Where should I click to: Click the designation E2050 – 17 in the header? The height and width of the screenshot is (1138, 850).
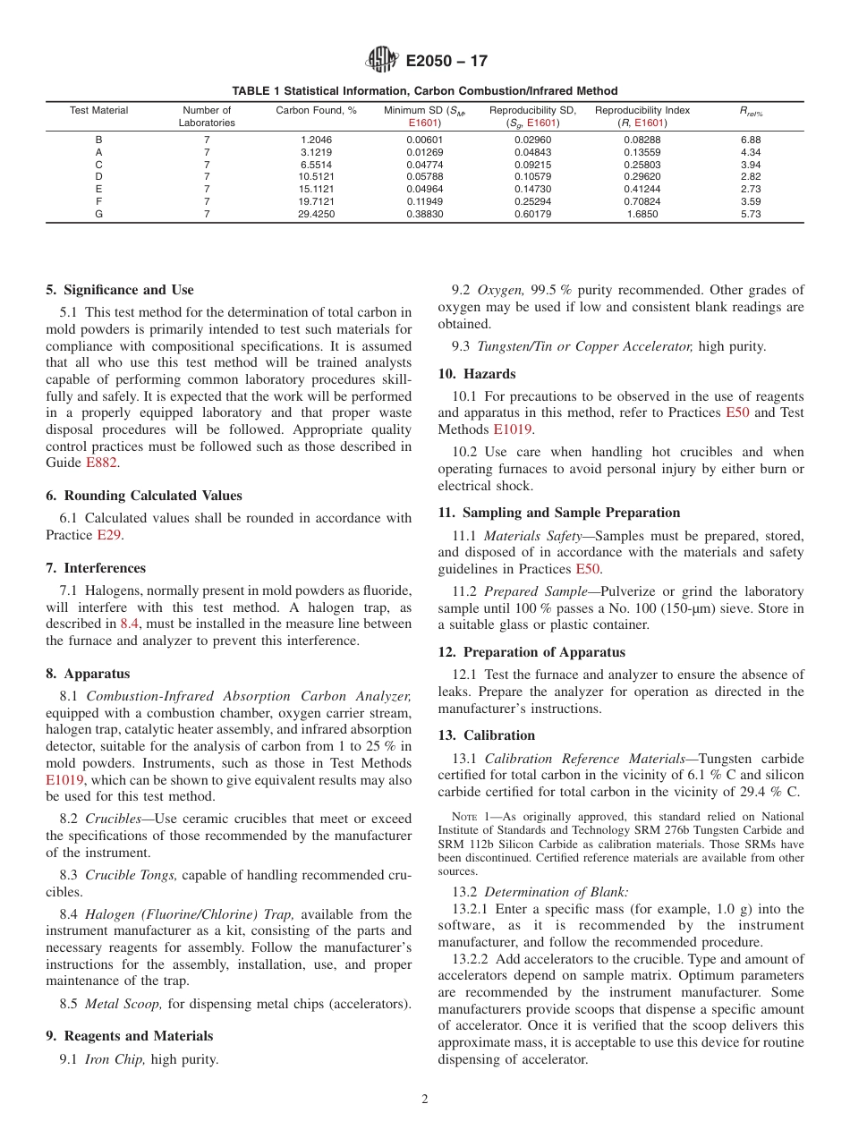[446, 62]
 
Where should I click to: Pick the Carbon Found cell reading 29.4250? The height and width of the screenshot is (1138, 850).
[316, 215]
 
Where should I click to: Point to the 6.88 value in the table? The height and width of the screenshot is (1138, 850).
[751, 140]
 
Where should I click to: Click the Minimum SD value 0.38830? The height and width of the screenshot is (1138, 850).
[425, 215]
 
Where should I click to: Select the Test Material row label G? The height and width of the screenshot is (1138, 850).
[98, 215]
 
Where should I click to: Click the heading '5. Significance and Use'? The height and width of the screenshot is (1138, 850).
[120, 290]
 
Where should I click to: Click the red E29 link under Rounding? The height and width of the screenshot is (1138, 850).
[109, 535]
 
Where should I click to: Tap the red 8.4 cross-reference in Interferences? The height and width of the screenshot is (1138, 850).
[130, 624]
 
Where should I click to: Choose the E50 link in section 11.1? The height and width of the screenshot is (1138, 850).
[587, 569]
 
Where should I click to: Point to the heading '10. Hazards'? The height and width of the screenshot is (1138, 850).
[476, 374]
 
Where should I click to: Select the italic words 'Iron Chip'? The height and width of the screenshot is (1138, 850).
[115, 1060]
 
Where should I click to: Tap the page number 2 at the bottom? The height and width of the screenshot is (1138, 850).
[425, 1100]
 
